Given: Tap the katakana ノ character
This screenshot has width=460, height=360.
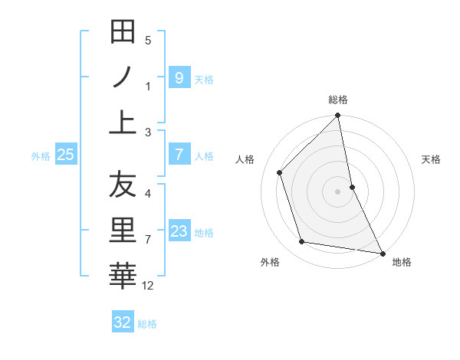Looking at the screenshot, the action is point(123,78).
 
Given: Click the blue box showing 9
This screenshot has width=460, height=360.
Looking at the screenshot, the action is point(179,77).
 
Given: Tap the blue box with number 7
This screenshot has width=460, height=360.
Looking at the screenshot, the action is point(179,155).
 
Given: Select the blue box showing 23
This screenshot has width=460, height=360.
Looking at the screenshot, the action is point(179,231).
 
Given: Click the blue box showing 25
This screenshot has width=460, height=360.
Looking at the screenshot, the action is point(65,155).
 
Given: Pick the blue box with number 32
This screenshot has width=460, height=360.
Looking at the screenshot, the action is point(123,322).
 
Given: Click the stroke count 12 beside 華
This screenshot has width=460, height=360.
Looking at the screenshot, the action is point(149,286).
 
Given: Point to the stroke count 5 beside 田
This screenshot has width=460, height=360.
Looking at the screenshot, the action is point(148,40).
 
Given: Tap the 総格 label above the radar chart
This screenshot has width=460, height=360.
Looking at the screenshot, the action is point(338,100).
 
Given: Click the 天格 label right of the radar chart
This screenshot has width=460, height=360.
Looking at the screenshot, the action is point(432,159).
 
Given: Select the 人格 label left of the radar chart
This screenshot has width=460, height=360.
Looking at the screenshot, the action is point(245,159).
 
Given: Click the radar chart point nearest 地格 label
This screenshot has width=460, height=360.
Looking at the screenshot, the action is point(382,253).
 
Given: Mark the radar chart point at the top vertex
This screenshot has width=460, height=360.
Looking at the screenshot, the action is point(338,116).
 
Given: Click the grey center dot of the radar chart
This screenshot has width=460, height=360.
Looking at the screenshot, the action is point(338,191).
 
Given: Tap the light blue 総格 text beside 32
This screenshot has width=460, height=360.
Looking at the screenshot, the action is point(147,324).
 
